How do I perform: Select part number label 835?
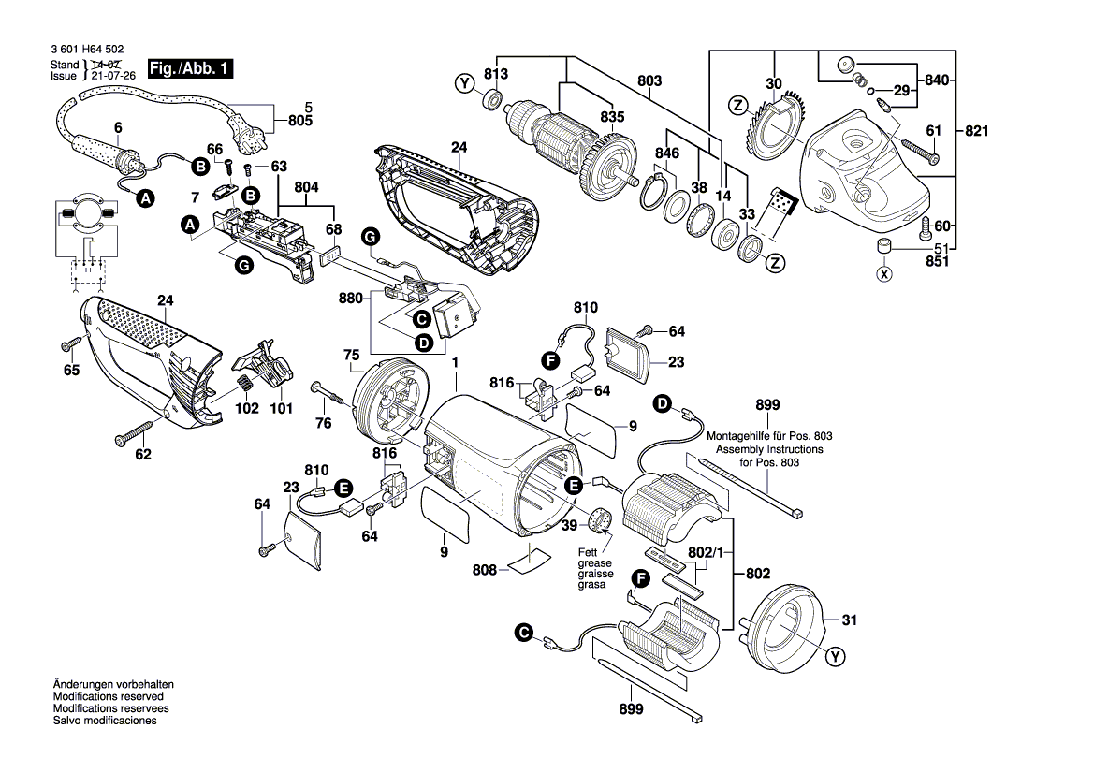[x=612, y=117]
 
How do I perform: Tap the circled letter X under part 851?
[x=882, y=274]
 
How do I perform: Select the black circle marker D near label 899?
[x=663, y=404]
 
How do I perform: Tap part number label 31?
[x=849, y=620]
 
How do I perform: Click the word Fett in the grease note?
[x=588, y=553]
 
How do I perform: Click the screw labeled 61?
[x=918, y=150]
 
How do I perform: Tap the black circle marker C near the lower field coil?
[x=522, y=634]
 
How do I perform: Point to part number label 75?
[x=351, y=355]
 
